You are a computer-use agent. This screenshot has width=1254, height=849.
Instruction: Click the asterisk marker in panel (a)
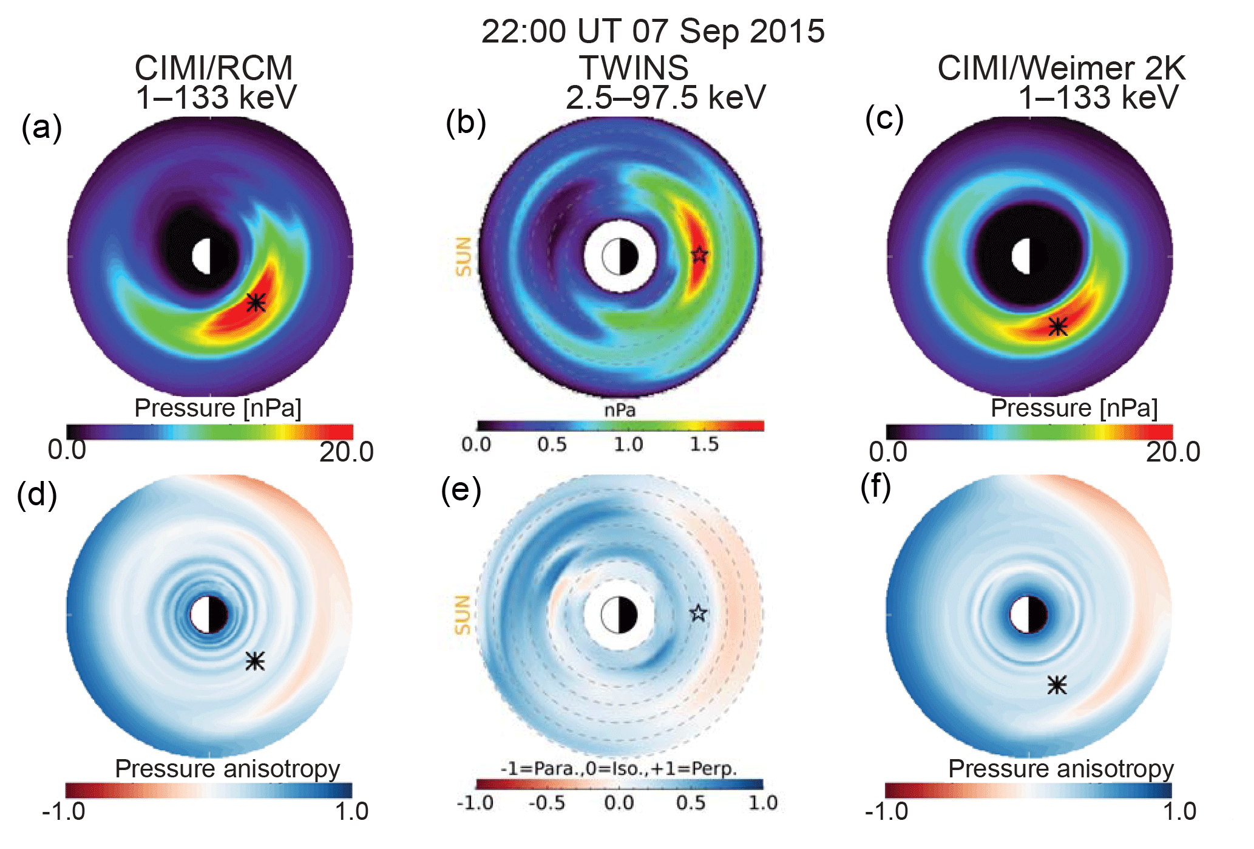pos(256,302)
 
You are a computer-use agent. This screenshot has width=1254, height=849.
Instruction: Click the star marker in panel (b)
pos(699,254)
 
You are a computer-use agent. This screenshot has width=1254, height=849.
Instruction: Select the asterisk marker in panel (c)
pos(1058,326)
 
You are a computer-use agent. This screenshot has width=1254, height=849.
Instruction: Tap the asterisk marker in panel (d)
pos(255,660)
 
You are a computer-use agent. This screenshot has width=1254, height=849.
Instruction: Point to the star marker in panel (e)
pos(699,613)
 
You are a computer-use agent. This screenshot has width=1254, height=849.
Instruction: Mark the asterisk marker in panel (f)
pos(1057,685)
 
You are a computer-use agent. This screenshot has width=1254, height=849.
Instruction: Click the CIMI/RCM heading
pos(214,67)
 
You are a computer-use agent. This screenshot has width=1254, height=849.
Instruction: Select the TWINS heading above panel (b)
pos(634,67)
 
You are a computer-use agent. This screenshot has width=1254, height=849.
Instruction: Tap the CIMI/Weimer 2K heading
pos(1060,67)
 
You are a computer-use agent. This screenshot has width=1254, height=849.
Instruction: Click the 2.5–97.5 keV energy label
pos(665,97)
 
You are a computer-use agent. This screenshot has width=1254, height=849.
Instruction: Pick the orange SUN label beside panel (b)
pos(463,256)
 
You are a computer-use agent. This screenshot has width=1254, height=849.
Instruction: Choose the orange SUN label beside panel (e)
pos(463,615)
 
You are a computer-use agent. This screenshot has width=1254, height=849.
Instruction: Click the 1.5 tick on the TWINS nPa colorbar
pos(703,445)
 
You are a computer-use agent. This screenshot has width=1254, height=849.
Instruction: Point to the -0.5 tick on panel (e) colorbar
pos(546,803)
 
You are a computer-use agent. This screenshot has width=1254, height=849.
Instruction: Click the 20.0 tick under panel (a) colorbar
pos(346,452)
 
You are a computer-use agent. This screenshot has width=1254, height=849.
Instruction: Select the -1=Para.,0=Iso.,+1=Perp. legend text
pos(619,769)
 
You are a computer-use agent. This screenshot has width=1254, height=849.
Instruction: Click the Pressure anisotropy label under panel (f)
pos(1060,769)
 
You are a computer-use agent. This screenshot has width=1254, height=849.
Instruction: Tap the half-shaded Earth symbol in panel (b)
pos(620,257)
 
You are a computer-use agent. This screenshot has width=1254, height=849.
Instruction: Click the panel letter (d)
pos(37,494)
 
